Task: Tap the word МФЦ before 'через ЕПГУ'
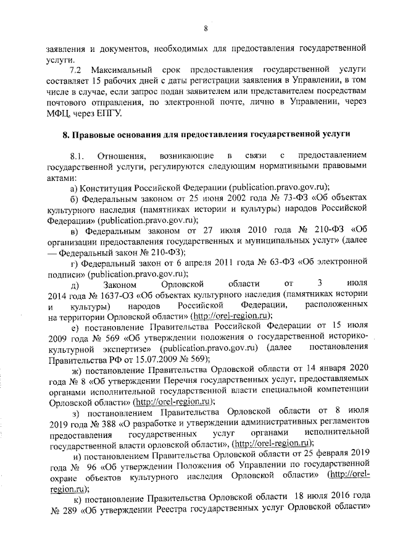pos(59,115)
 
